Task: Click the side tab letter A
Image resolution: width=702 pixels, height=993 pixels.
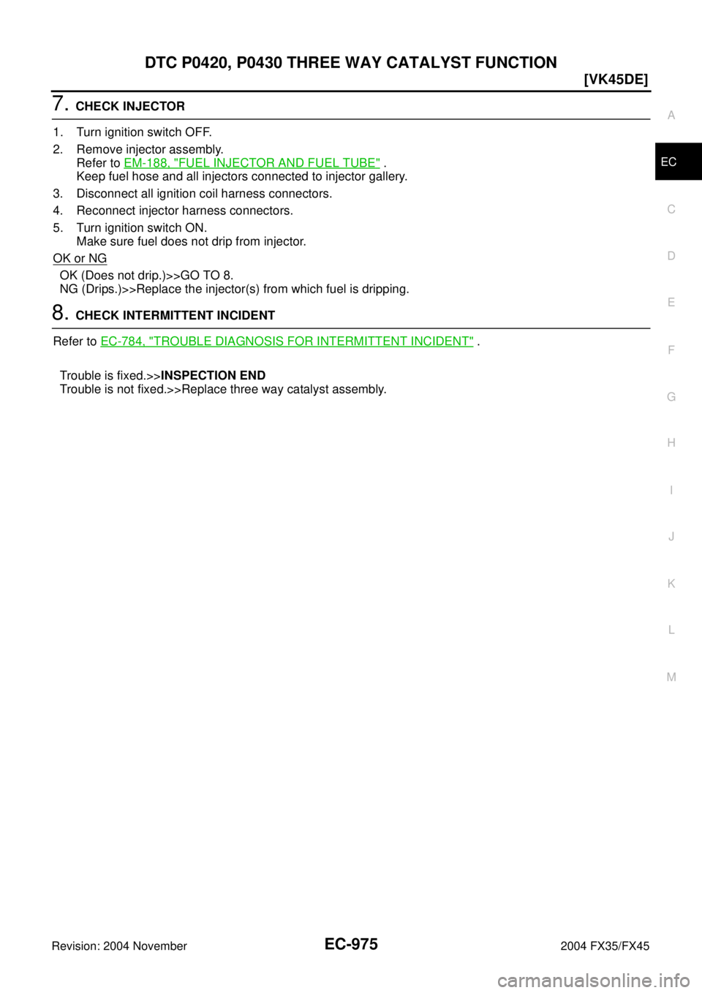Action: click(671, 116)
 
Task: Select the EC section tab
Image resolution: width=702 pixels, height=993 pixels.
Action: click(668, 162)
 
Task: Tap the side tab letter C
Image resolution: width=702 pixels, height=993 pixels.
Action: click(671, 209)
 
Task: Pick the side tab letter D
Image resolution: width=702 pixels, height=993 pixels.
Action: click(671, 256)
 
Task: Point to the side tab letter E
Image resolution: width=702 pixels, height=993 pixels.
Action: click(671, 303)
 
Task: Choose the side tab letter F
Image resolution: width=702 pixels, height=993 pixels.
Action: click(671, 350)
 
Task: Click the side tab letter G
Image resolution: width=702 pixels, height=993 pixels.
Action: click(671, 396)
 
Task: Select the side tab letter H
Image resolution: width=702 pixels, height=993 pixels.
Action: click(671, 443)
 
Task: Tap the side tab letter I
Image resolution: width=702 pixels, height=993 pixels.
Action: click(671, 490)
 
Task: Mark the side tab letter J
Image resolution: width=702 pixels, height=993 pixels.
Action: click(671, 537)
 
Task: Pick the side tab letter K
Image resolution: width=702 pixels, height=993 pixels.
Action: click(671, 584)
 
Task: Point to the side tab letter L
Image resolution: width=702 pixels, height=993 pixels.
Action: click(671, 630)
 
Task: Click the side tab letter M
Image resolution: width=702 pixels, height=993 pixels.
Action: click(671, 677)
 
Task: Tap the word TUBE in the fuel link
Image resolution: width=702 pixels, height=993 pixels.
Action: click(363, 162)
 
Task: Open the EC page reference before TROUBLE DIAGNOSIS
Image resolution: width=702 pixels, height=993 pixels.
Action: click(121, 341)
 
